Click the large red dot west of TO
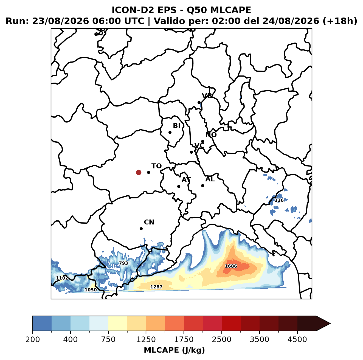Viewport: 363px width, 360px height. click(x=139, y=172)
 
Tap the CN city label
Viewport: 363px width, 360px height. click(x=149, y=222)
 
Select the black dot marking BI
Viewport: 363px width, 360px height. click(x=170, y=133)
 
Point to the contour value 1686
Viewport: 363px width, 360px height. click(x=231, y=266)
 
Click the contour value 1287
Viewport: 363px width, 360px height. click(x=156, y=287)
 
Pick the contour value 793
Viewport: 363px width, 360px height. click(x=123, y=263)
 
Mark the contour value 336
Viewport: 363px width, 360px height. click(x=279, y=200)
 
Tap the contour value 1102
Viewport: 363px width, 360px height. click(x=62, y=278)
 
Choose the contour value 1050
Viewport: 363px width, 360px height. click(x=91, y=290)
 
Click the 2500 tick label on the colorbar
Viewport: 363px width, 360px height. click(x=221, y=339)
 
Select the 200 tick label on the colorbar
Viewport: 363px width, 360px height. click(x=33, y=339)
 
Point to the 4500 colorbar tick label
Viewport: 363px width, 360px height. click(x=297, y=339)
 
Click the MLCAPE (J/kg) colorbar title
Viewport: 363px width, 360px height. click(x=174, y=350)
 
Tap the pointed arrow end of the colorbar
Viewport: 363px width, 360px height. click(x=330, y=324)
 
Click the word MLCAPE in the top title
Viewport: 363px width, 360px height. click(x=230, y=10)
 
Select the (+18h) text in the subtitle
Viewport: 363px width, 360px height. click(x=340, y=21)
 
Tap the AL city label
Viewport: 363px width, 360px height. click(x=210, y=179)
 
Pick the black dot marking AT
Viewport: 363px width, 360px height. click(x=179, y=187)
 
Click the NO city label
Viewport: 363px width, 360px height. click(x=211, y=135)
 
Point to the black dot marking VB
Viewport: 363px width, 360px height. click(x=199, y=102)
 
